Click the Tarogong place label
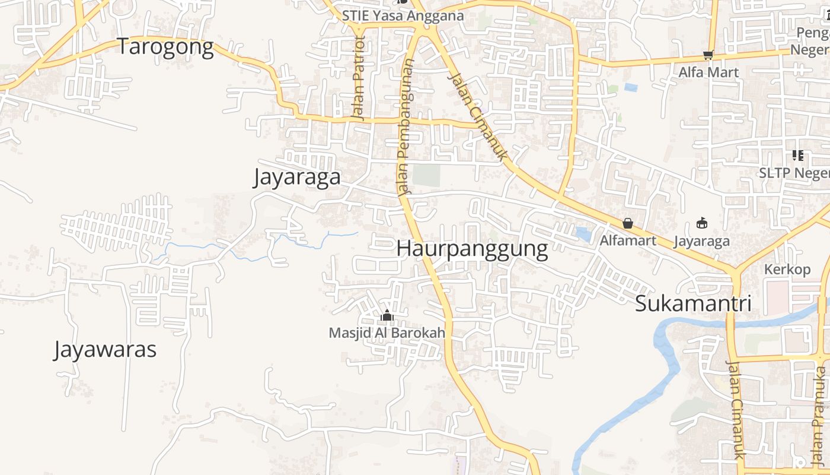click(x=165, y=47)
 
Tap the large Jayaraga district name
click(x=297, y=178)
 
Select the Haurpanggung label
click(x=472, y=249)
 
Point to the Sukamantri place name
click(x=693, y=303)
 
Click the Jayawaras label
click(x=105, y=350)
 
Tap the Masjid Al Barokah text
click(x=387, y=333)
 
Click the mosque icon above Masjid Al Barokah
click(x=387, y=315)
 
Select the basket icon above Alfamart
click(x=628, y=224)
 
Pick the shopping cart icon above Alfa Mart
click(x=708, y=55)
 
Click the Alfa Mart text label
click(x=708, y=72)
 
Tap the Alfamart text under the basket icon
click(x=628, y=240)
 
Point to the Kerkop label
click(x=787, y=270)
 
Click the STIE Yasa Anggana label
click(x=403, y=16)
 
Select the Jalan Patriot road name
click(x=358, y=78)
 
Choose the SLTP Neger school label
click(x=794, y=173)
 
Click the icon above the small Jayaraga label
click(x=702, y=223)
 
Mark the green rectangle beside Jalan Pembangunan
click(x=426, y=175)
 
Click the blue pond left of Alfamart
click(x=583, y=235)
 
